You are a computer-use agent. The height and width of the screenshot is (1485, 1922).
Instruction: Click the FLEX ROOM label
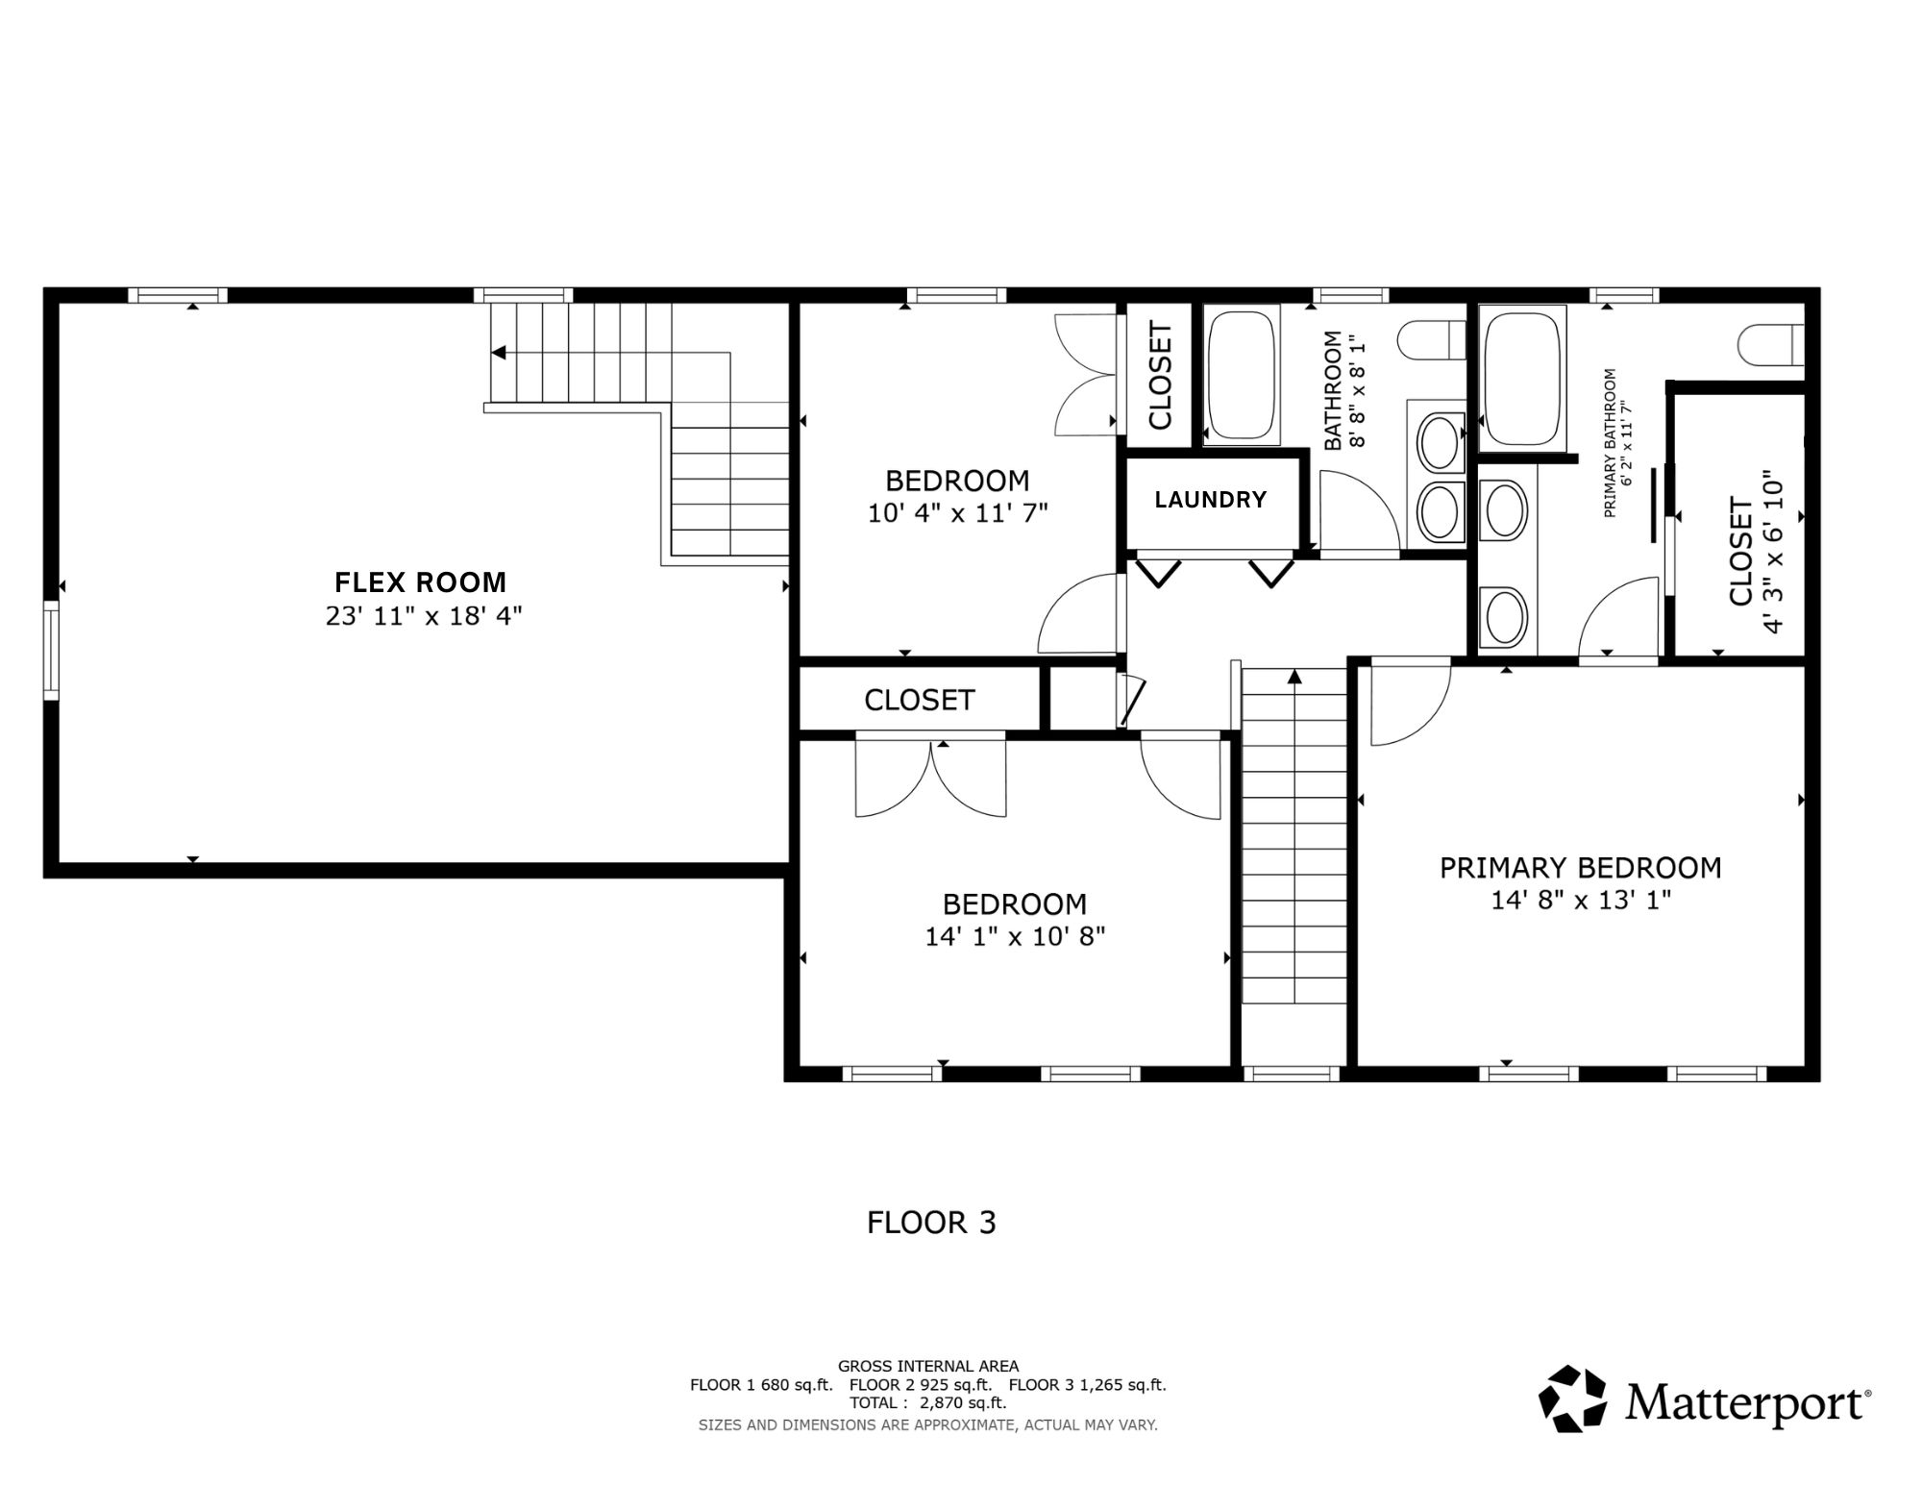(420, 582)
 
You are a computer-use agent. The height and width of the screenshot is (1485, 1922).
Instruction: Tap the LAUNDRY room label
(1210, 500)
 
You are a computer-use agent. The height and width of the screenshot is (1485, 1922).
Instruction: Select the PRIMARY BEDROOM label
(1580, 868)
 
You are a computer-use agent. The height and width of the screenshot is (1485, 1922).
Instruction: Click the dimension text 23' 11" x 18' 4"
(424, 616)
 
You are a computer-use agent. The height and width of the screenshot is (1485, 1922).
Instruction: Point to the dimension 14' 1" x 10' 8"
(1015, 936)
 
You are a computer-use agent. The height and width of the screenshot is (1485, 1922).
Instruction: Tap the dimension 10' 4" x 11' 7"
(957, 513)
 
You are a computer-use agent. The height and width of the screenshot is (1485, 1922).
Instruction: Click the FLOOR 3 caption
(931, 1223)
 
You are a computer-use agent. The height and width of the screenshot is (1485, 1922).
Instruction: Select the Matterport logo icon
(1572, 1398)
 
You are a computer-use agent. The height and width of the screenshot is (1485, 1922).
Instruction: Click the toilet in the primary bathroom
(1771, 345)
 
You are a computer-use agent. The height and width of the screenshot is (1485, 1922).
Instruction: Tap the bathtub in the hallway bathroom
(1241, 375)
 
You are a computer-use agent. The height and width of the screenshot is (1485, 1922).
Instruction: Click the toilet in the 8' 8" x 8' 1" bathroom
(1431, 340)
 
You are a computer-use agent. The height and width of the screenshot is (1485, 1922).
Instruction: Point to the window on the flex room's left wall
(51, 650)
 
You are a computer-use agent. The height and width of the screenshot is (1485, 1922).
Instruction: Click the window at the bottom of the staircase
(1291, 1075)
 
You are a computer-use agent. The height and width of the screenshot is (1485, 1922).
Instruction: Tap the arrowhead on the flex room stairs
(498, 353)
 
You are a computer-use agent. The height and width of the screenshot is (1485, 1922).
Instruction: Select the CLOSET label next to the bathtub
(1160, 376)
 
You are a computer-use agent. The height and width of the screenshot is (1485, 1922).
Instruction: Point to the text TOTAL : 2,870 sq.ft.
(927, 1402)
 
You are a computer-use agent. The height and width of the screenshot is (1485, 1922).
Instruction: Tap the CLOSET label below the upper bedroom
(920, 700)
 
